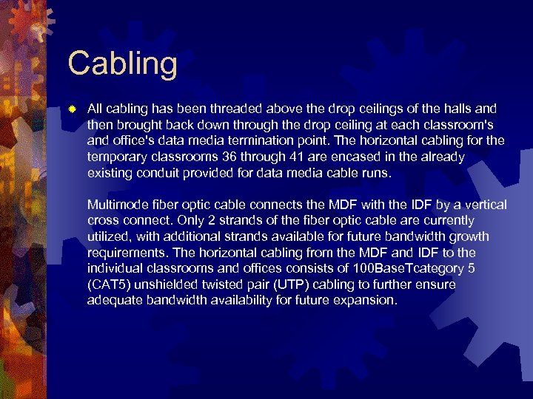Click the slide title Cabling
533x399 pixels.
click(122, 64)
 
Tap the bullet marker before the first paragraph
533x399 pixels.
click(71, 109)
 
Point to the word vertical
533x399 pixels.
click(484, 205)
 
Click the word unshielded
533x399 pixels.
click(172, 284)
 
